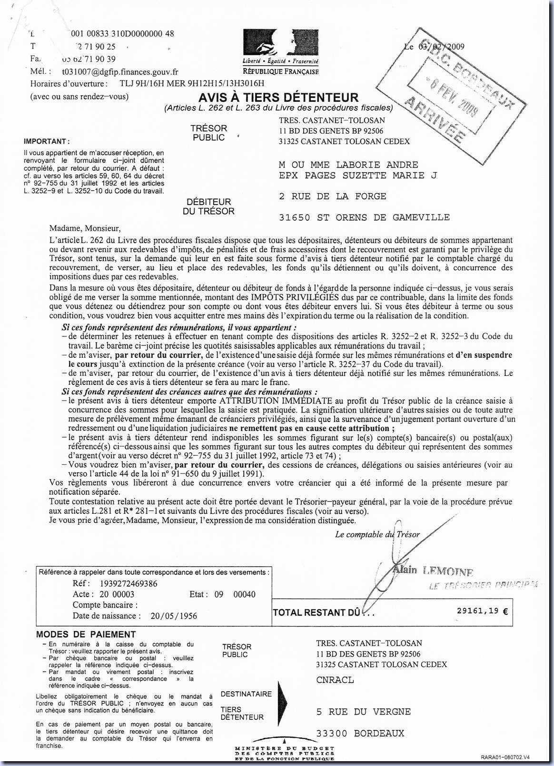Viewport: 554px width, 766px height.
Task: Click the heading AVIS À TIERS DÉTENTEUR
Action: pos(278,98)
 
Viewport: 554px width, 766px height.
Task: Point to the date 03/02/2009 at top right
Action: pos(441,47)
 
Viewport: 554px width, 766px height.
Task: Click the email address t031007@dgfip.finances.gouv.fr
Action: pos(120,72)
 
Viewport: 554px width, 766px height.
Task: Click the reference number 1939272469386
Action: pos(129,583)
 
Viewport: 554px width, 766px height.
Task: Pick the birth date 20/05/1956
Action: pos(174,616)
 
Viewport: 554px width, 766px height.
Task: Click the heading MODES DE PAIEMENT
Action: pos(86,634)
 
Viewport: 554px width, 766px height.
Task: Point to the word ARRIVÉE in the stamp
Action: pos(435,118)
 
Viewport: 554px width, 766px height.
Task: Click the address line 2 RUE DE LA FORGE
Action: pos(332,196)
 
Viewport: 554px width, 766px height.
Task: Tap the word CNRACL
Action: pos(335,680)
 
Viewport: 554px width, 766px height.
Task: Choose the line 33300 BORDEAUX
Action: pos(360,733)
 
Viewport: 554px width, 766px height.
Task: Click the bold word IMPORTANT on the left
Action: pos(46,141)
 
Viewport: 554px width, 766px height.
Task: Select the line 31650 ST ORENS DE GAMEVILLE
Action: pos(364,217)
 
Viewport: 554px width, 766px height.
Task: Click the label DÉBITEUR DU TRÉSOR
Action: pos(208,206)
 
